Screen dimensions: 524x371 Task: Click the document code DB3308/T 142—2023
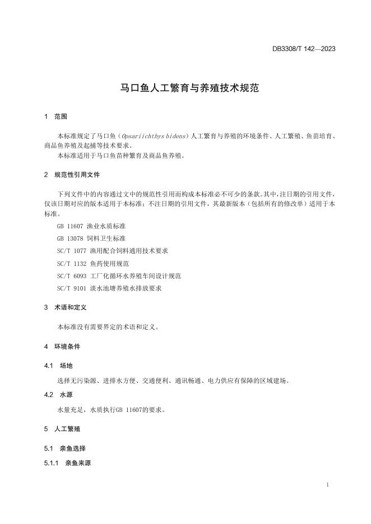304,49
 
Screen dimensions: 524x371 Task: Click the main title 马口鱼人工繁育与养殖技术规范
190,88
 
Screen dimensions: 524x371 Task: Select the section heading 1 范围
55,117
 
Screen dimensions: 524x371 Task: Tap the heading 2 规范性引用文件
72,175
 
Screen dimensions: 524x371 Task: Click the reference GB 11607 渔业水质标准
91,226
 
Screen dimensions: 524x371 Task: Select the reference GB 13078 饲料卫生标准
91,238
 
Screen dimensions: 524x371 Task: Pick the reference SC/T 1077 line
113,251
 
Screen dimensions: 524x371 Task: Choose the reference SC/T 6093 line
119,275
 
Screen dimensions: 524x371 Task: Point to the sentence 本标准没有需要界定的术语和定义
108,327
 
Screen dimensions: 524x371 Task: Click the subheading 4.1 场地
58,366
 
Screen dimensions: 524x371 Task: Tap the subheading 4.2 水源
58,395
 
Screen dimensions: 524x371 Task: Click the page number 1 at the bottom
327,485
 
